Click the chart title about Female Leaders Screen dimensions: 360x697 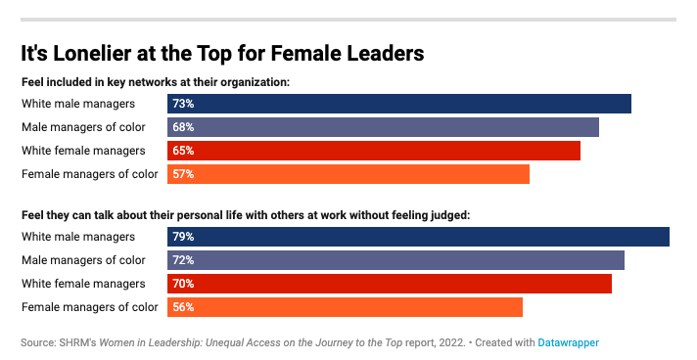click(x=221, y=52)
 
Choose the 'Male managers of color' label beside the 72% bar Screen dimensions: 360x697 click(x=83, y=260)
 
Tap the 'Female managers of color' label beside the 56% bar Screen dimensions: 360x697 click(x=89, y=307)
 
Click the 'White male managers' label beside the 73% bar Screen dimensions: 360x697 click(x=77, y=104)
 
